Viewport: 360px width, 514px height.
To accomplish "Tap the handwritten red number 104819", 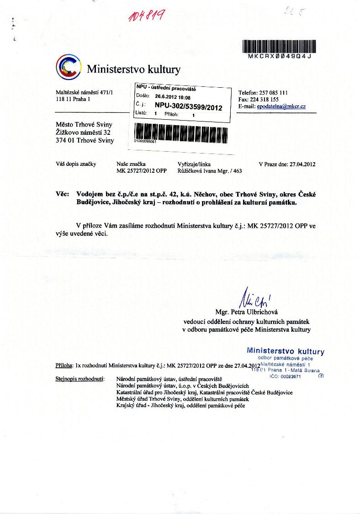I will point(141,17).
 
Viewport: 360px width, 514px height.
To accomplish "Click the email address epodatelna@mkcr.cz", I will point(281,106).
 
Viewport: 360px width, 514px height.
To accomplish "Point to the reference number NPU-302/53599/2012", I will point(188,107).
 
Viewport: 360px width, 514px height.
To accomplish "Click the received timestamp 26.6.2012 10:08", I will point(173,97).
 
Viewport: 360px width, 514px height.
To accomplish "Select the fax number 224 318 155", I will point(270,100).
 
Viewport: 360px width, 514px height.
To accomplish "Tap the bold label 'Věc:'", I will point(62,194).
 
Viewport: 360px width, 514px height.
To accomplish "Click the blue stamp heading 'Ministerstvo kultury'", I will point(286,351).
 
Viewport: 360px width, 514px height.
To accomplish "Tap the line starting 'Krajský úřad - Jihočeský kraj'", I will point(181,405).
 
